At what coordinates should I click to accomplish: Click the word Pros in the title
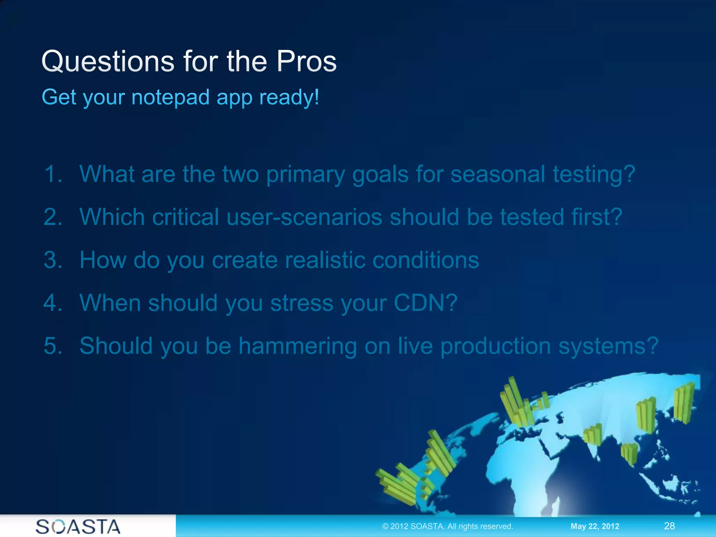click(x=306, y=62)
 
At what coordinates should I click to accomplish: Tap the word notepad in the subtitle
click(x=171, y=97)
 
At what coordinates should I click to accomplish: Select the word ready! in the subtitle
click(x=289, y=98)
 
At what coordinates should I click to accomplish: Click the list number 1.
click(x=53, y=174)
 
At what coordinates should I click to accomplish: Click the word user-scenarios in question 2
click(x=304, y=217)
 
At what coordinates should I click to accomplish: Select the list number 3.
click(x=53, y=260)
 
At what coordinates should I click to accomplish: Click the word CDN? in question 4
click(x=425, y=303)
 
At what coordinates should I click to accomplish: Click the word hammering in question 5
click(x=298, y=346)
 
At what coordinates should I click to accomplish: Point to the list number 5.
click(x=53, y=346)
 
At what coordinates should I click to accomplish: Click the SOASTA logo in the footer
click(x=78, y=527)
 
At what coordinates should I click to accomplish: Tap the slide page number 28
click(x=669, y=526)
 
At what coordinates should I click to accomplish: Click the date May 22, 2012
click(x=595, y=526)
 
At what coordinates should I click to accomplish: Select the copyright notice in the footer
click(x=447, y=526)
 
